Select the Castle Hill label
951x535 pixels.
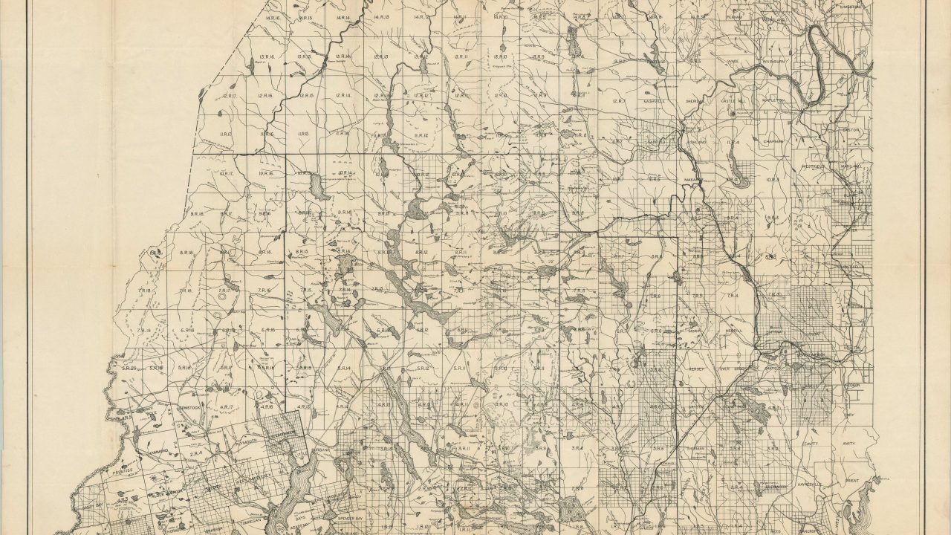point(733,100)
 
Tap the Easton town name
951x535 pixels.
point(851,130)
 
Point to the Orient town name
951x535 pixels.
point(851,480)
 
